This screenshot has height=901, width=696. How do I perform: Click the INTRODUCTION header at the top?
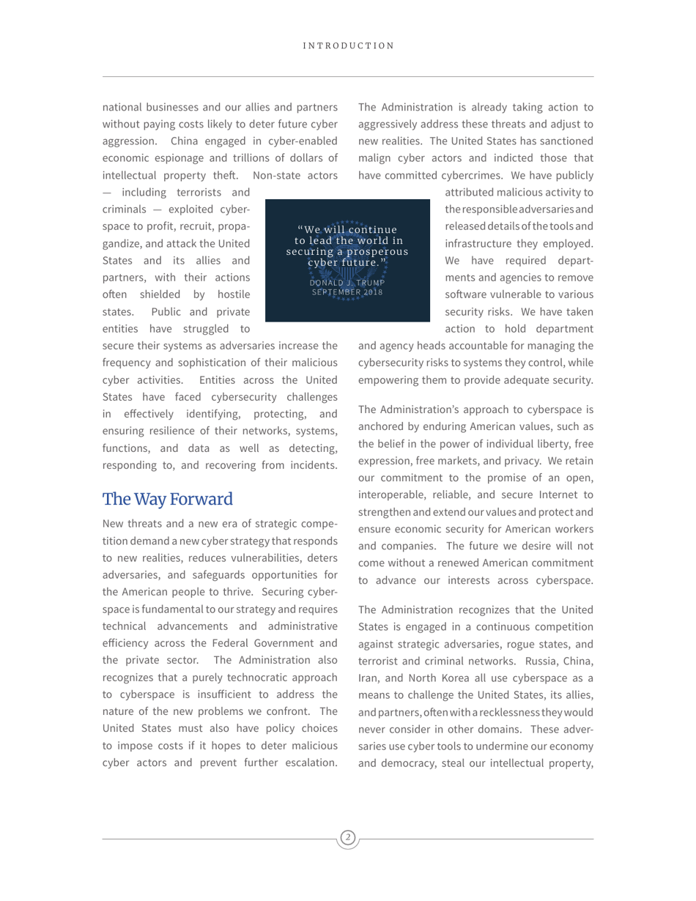348,45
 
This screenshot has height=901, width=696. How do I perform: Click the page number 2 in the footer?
348,837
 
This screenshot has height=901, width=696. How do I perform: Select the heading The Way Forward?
168,500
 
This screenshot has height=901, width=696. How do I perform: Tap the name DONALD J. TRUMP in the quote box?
347,283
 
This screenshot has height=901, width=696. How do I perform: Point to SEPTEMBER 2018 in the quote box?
347,292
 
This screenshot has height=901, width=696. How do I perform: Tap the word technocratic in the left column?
269,677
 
